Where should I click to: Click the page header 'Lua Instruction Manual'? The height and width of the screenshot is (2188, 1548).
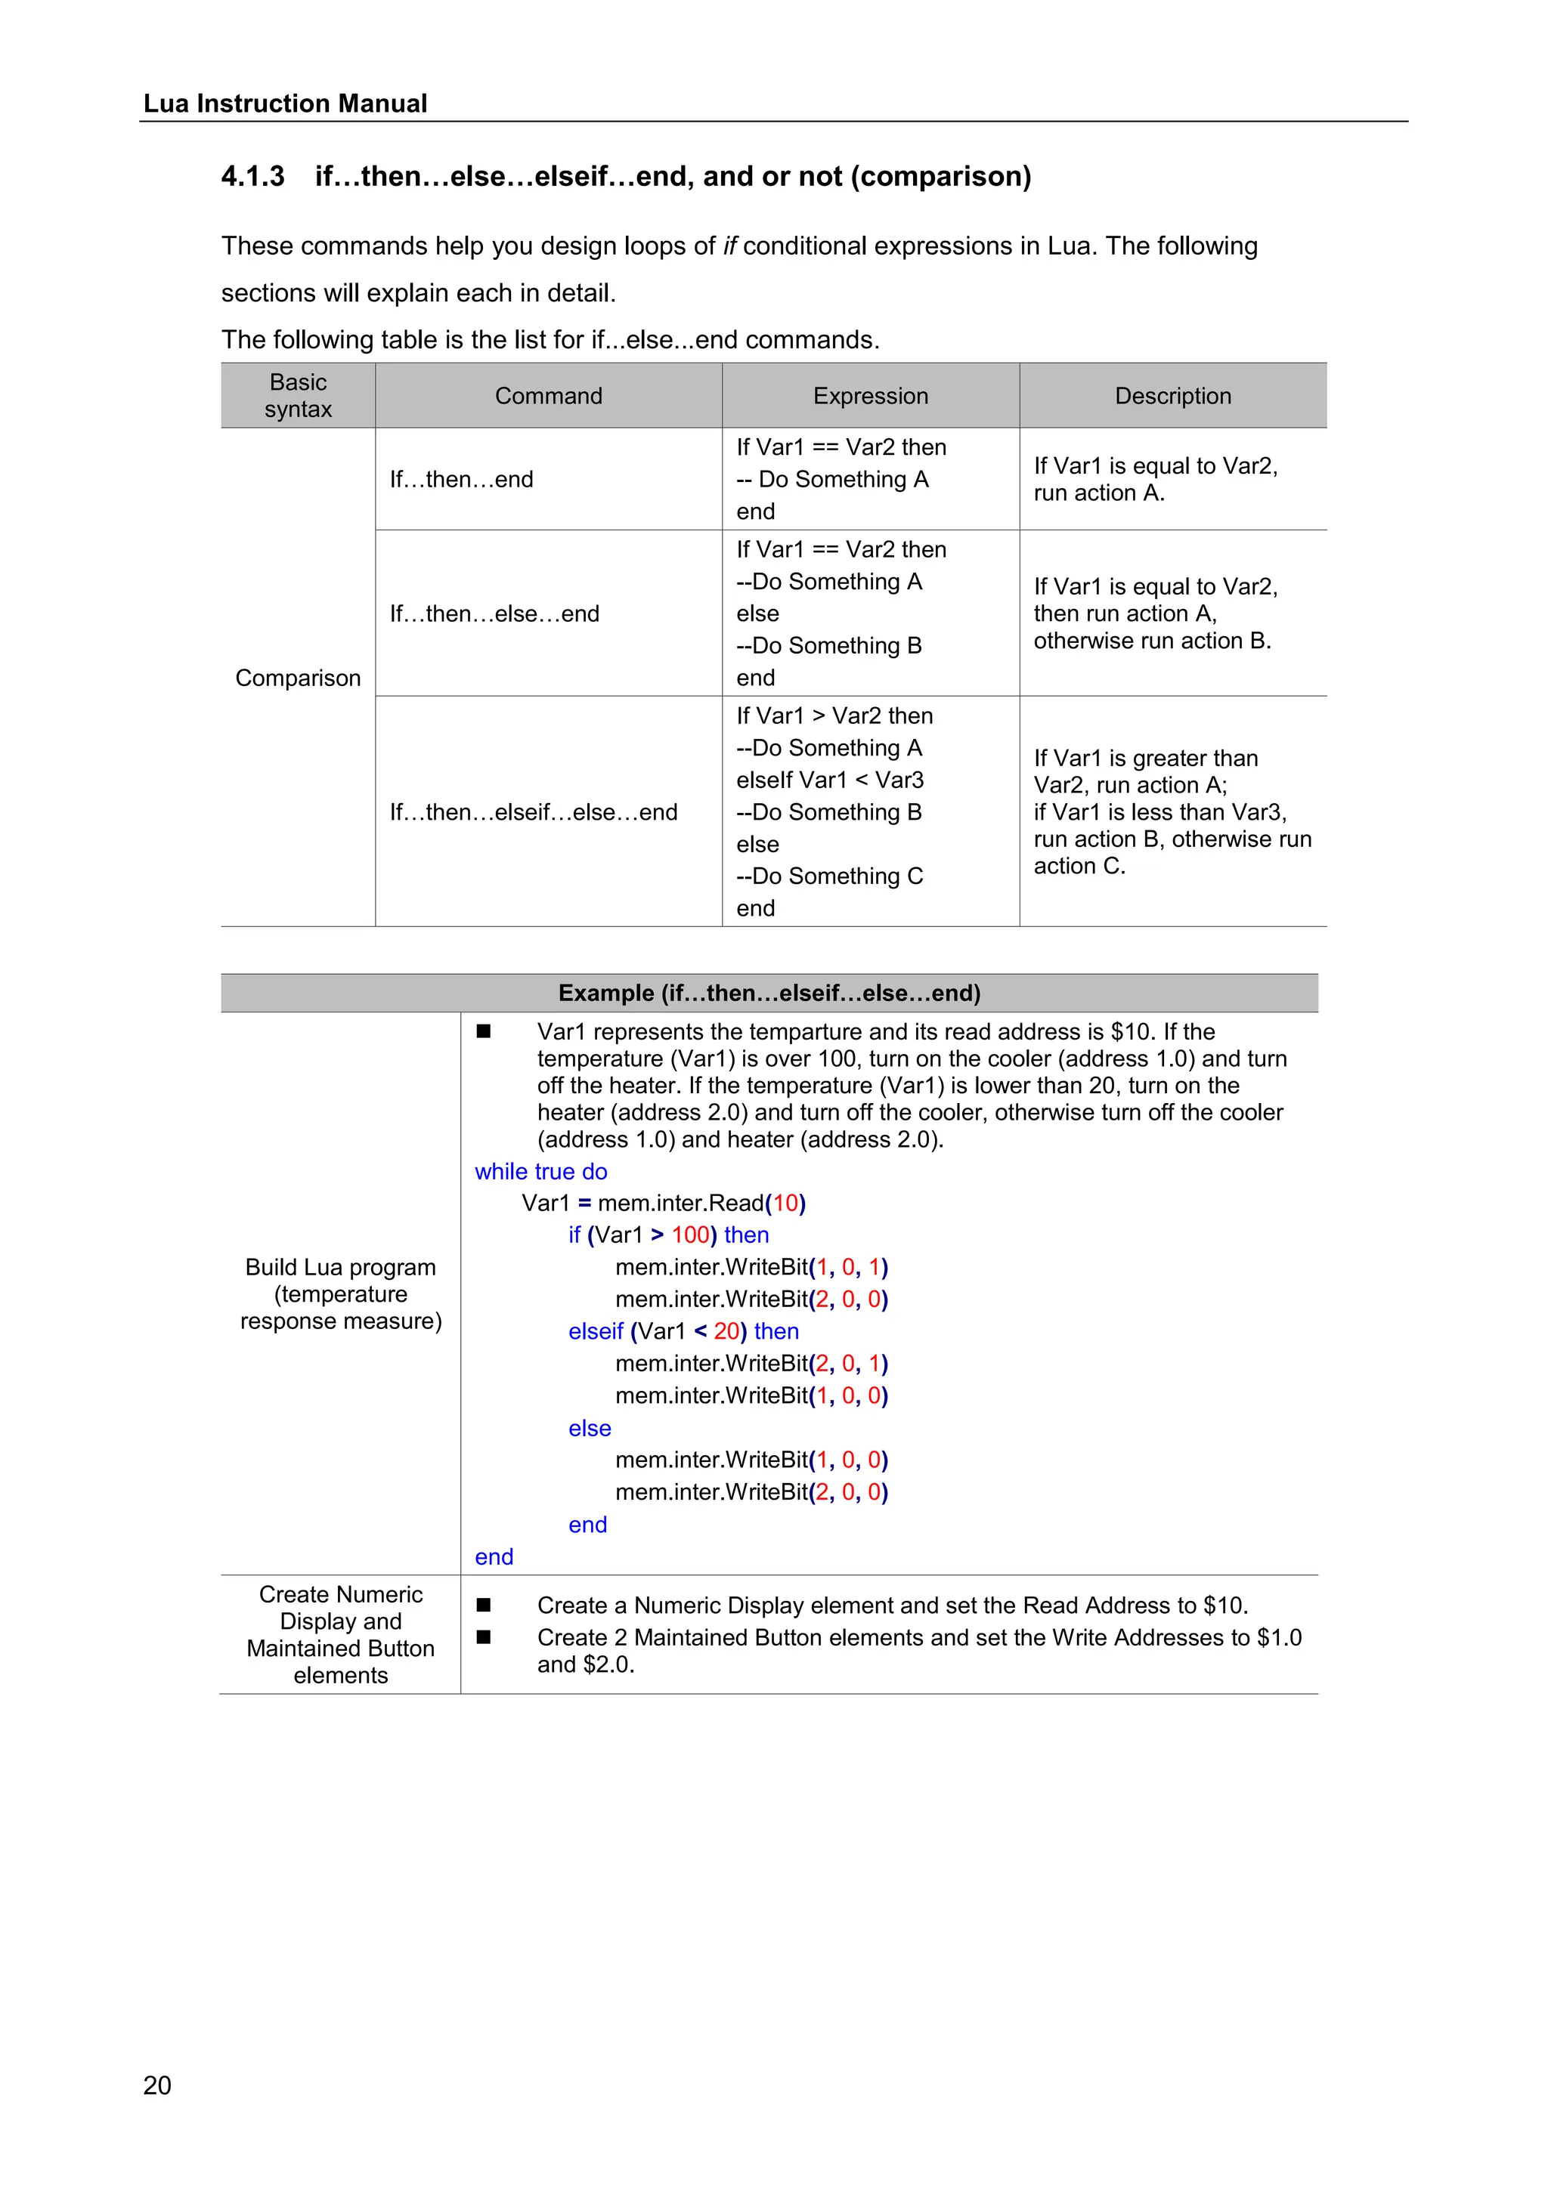click(x=285, y=103)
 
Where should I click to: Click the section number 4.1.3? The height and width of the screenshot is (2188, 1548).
click(x=252, y=176)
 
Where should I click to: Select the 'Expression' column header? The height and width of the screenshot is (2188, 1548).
click(x=869, y=395)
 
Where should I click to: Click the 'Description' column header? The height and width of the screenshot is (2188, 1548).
click(x=1172, y=395)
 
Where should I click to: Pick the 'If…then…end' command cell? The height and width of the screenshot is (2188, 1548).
click(x=461, y=479)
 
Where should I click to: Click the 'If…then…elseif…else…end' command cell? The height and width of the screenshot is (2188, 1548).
click(x=533, y=812)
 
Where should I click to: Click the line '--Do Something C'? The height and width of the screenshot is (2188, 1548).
click(x=829, y=876)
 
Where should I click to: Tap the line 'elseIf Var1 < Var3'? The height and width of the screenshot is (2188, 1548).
click(x=829, y=780)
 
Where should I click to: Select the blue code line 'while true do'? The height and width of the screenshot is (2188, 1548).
click(x=540, y=1171)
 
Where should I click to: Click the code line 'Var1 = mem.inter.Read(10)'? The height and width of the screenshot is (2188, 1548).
click(x=664, y=1203)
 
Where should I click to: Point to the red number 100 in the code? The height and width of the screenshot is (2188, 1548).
click(x=690, y=1235)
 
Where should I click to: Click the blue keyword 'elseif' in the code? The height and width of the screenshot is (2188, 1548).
click(x=595, y=1331)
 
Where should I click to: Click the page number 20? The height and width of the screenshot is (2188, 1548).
click(x=157, y=2085)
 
